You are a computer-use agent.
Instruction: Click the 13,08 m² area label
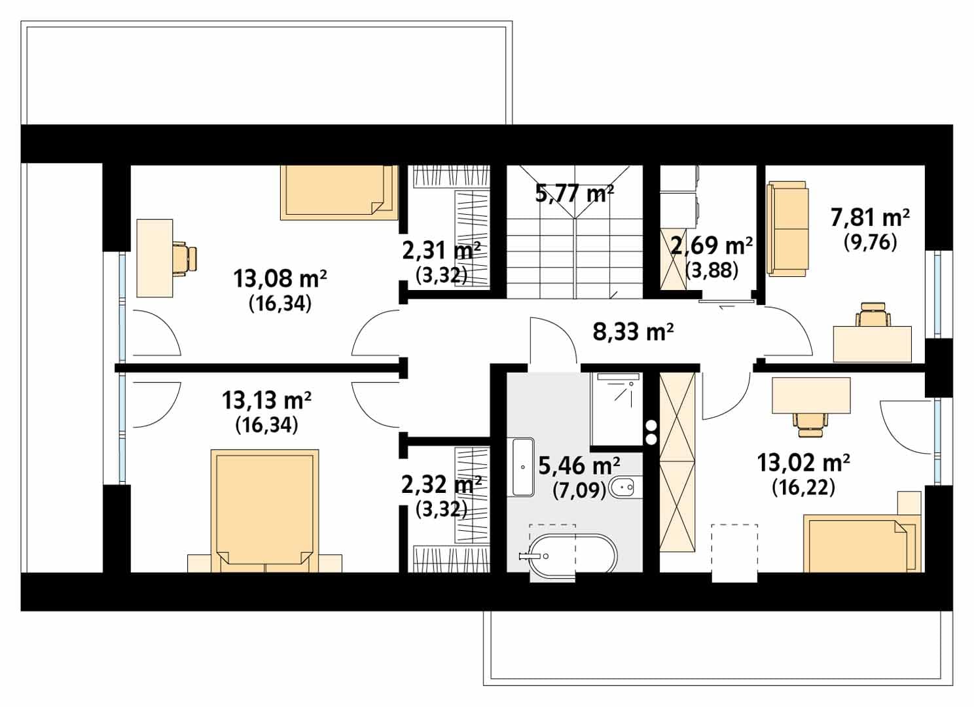[280, 279]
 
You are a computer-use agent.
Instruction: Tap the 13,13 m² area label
[266, 401]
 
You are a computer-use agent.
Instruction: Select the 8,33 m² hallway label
[633, 332]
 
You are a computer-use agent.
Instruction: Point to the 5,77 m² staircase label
[575, 194]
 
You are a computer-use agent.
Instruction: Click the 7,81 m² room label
[870, 218]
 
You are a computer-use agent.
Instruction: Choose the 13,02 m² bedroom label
[804, 463]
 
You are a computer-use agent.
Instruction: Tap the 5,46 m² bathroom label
[579, 465]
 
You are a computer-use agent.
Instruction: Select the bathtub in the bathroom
[568, 556]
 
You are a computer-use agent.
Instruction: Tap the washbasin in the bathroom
[522, 467]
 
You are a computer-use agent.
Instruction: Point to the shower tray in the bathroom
[617, 409]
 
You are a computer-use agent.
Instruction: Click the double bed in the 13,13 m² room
[265, 511]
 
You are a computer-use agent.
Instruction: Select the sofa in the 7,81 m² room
[787, 228]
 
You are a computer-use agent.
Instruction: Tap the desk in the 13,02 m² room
[811, 395]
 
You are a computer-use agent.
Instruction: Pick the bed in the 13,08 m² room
[339, 192]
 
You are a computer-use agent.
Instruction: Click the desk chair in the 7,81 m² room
[873, 315]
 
